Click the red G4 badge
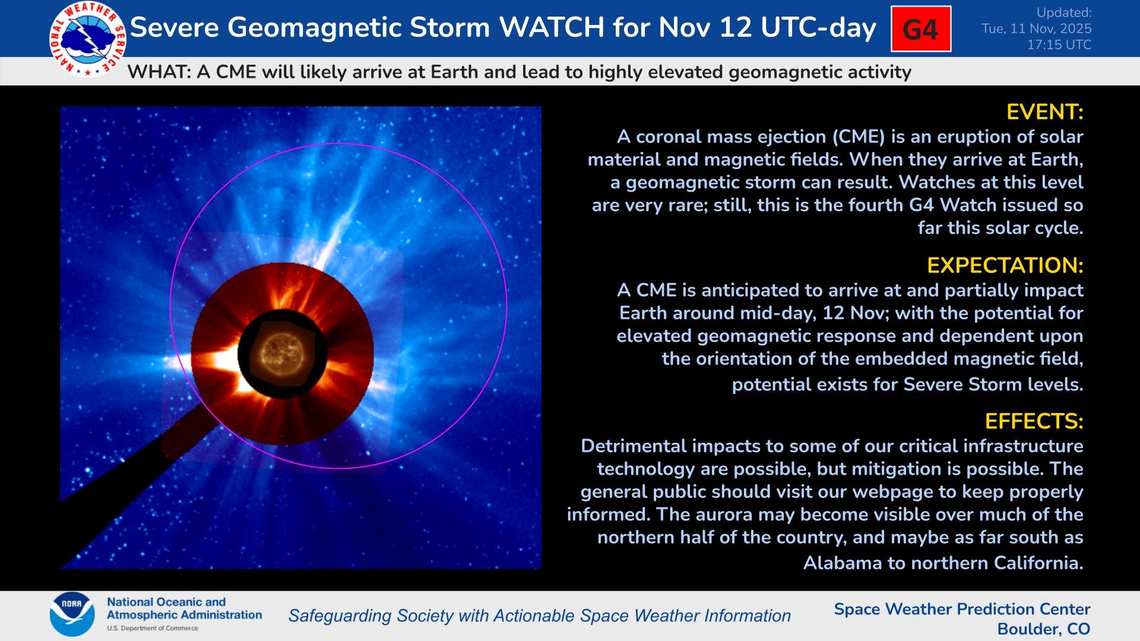coord(920,29)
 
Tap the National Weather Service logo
coord(87,39)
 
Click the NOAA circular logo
coord(72,614)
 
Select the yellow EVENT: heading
coord(1044,112)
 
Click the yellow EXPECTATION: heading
coord(1005,265)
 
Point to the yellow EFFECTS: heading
coord(1034,421)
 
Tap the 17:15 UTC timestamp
coord(1059,45)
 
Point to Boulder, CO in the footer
coord(1043,629)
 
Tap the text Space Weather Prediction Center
coord(962,609)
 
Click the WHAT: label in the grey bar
coord(159,72)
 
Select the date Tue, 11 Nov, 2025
coord(1036,28)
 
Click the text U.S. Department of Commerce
coord(153,628)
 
